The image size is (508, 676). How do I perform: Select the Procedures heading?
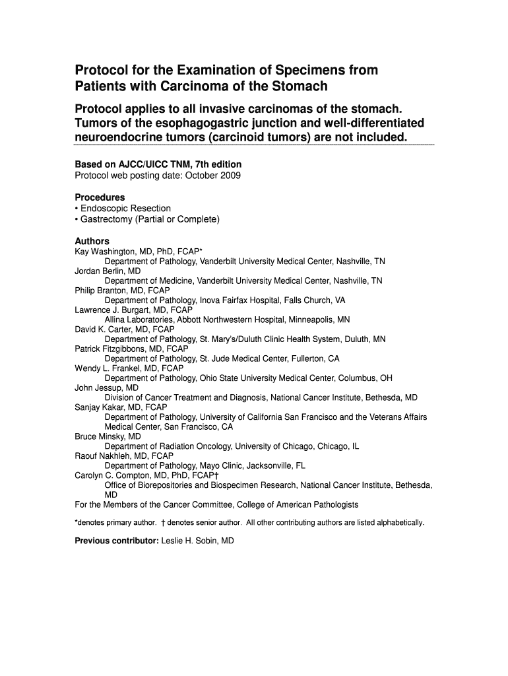point(100,197)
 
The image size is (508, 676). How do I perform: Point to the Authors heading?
point(92,241)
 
